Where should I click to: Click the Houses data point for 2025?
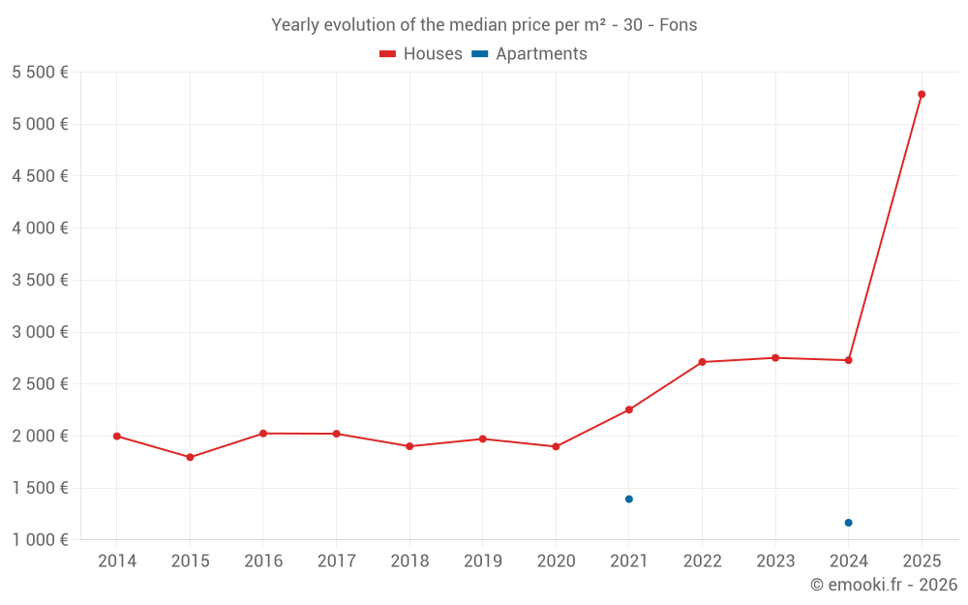click(922, 94)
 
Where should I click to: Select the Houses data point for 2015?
click(190, 457)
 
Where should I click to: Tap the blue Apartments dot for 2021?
click(629, 499)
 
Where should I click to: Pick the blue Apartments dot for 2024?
click(848, 523)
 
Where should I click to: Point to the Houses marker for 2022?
click(702, 362)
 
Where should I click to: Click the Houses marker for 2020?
click(556, 446)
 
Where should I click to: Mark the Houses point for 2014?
click(117, 437)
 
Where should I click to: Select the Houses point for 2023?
click(775, 358)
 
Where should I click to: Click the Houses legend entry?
click(421, 54)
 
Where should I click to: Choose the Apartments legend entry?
click(529, 54)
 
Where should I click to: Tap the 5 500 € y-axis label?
click(40, 73)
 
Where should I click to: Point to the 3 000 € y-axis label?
click(40, 332)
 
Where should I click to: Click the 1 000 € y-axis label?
click(40, 540)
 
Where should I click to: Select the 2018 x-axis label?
click(409, 561)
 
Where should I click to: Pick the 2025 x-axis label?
click(922, 561)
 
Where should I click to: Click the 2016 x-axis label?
click(263, 561)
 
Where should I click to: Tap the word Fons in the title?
click(678, 25)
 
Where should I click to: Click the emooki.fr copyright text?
click(883, 585)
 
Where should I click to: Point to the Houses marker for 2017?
click(336, 434)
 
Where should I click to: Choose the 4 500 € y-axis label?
click(40, 176)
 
